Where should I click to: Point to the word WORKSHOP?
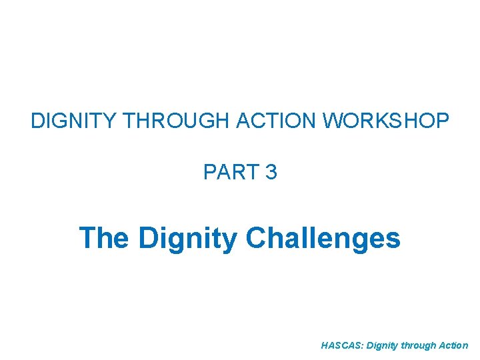[386, 121]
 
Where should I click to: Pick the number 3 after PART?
[271, 173]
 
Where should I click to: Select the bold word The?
[103, 237]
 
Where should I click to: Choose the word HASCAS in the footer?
[340, 345]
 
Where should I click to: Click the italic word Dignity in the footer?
[379, 346]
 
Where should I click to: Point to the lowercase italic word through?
[419, 346]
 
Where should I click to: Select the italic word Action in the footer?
[455, 345]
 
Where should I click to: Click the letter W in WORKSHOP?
[333, 121]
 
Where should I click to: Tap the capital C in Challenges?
[257, 237]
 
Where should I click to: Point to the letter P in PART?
[209, 173]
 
